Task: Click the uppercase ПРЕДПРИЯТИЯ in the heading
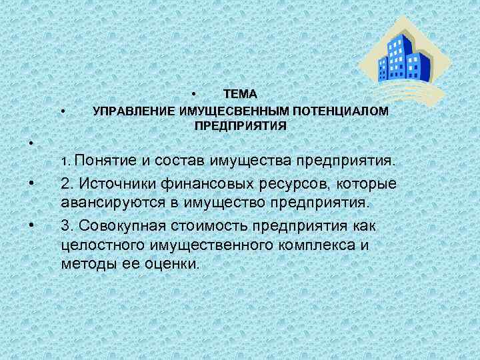click(x=240, y=125)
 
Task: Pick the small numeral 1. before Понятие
click(x=65, y=162)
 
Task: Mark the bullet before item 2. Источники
click(x=31, y=183)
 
